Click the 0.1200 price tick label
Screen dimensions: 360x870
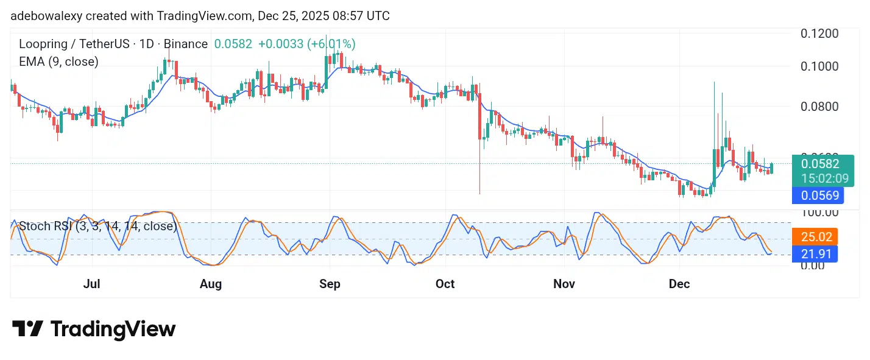(x=819, y=33)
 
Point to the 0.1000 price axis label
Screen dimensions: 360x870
(x=819, y=66)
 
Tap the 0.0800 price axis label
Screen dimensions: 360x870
(x=819, y=107)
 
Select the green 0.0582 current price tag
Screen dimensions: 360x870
(x=819, y=163)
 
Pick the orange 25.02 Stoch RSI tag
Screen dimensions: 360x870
(x=815, y=236)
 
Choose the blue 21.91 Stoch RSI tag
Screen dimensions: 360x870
(x=815, y=253)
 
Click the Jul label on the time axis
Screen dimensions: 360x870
(x=91, y=284)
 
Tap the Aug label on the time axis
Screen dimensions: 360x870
(x=210, y=284)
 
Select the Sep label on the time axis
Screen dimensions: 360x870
(x=330, y=284)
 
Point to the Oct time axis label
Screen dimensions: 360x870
(x=445, y=284)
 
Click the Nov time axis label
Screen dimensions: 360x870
(x=564, y=284)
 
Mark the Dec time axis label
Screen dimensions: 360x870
(x=679, y=284)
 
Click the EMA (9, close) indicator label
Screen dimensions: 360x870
(x=58, y=61)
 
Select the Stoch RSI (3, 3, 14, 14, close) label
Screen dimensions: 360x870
(x=97, y=227)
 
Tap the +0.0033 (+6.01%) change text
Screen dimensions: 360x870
(x=306, y=44)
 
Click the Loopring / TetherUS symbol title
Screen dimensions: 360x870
(x=80, y=44)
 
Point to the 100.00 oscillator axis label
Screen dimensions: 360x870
(x=819, y=213)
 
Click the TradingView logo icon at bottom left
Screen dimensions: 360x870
(x=27, y=329)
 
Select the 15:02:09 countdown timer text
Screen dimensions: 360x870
(x=819, y=178)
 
